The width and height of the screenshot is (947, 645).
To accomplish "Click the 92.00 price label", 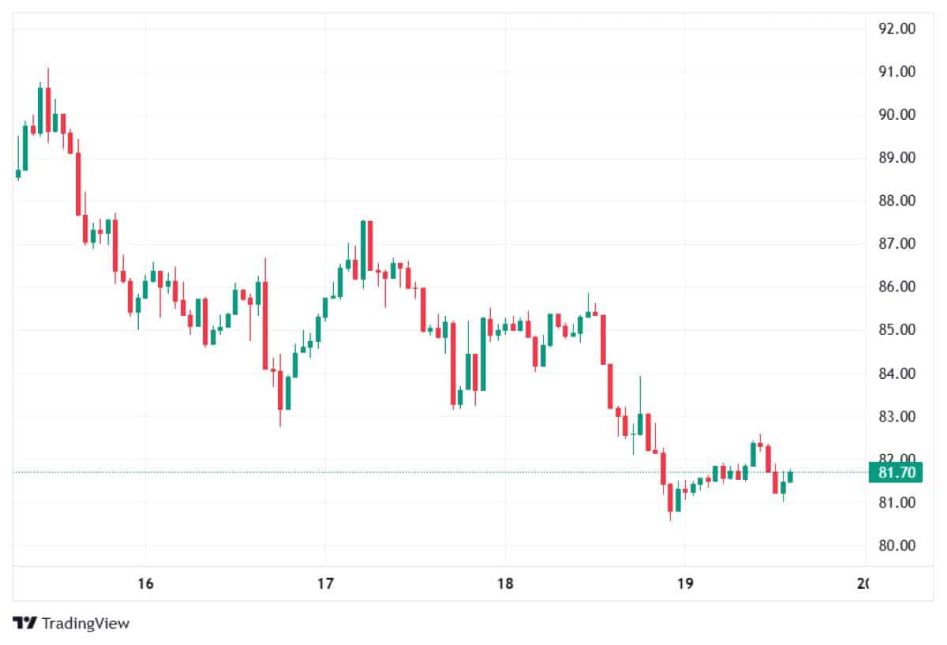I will [x=896, y=29].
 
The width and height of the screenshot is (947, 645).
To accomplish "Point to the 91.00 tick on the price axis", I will [x=896, y=72].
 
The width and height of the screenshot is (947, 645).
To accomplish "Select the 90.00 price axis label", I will [x=896, y=115].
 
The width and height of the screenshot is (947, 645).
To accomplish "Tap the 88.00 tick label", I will [x=896, y=201].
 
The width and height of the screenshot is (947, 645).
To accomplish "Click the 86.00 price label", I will [x=896, y=287].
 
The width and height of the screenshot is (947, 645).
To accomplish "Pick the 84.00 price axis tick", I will [x=896, y=373].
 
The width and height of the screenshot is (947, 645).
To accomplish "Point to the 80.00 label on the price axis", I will [x=896, y=546].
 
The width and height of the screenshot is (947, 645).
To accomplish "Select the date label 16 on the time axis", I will [x=144, y=584].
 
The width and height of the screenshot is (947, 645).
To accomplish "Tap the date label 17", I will [x=325, y=584].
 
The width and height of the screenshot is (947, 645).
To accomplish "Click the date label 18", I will [x=505, y=584].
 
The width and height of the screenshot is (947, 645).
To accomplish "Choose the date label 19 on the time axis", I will [x=685, y=584].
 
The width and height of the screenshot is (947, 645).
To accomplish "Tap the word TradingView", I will [x=85, y=624].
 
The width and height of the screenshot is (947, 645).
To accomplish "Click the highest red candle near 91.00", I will [x=48, y=108].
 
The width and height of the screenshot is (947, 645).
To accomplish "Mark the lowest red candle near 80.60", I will [x=670, y=497].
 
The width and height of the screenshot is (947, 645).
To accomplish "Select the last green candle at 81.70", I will [x=790, y=476].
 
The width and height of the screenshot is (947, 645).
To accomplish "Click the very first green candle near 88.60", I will [x=18, y=174].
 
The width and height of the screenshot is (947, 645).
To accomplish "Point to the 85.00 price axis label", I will [x=896, y=330].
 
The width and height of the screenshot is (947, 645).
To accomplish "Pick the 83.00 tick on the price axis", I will [x=896, y=417].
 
